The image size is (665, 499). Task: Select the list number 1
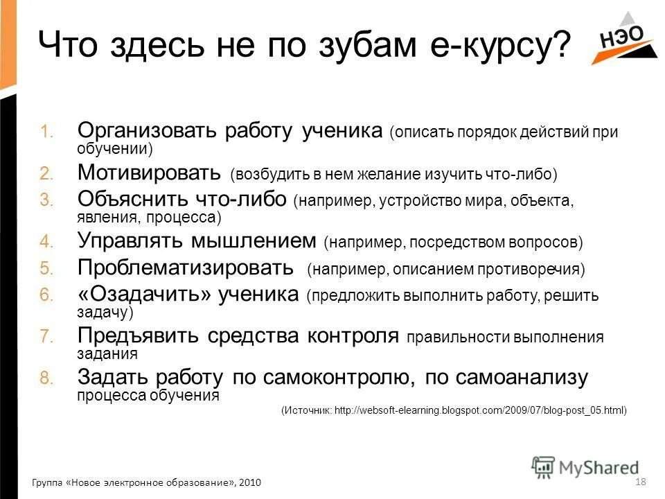point(46,132)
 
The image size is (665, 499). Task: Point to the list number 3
point(46,200)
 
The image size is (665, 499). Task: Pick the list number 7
point(46,336)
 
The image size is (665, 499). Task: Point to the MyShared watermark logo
point(586,466)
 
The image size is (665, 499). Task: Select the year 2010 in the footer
point(250,482)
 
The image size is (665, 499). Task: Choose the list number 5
point(46,268)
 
